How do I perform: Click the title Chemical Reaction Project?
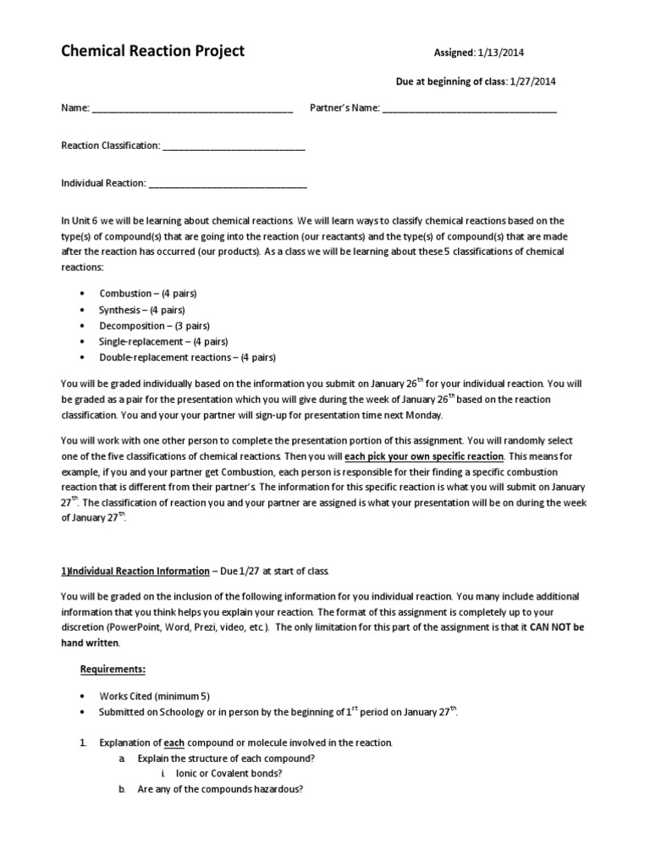[152, 51]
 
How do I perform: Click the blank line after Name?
[191, 109]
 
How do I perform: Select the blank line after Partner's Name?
[470, 109]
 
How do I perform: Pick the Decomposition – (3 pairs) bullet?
[155, 325]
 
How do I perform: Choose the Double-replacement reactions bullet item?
[188, 357]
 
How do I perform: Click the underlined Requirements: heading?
[113, 670]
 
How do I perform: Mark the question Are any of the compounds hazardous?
[220, 789]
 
